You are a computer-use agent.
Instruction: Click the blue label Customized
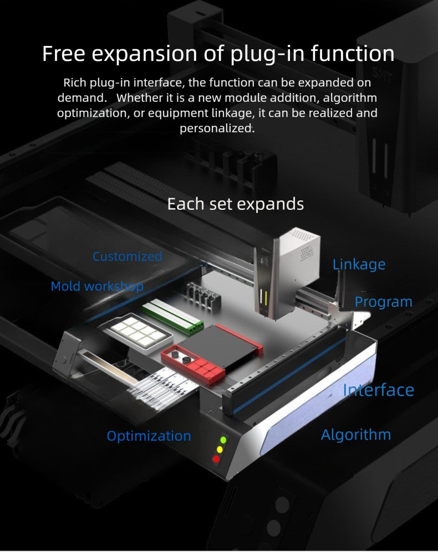tap(127, 256)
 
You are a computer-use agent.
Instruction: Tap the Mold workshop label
tap(97, 286)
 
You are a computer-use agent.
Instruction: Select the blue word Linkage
tap(359, 265)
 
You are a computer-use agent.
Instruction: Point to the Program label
tap(383, 302)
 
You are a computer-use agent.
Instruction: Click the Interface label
tap(378, 390)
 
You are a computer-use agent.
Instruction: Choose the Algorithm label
tap(355, 435)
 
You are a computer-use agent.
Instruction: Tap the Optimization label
tap(149, 436)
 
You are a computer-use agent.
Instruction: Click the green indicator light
tap(223, 440)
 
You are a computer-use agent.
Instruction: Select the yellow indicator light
tap(220, 449)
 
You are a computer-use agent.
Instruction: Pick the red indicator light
tap(216, 458)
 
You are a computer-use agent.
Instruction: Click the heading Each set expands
tap(235, 204)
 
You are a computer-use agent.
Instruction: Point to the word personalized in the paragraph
tap(217, 128)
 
